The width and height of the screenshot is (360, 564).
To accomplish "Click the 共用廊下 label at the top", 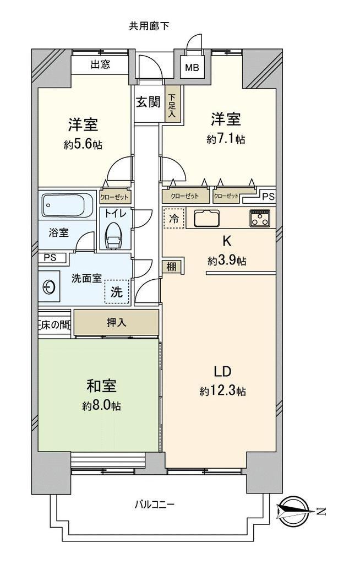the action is pyautogui.click(x=149, y=26).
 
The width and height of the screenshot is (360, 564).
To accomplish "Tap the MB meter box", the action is pyautogui.click(x=192, y=67).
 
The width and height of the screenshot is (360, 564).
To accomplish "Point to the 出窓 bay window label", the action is pyautogui.click(x=100, y=65).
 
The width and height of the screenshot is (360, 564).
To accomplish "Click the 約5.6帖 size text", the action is pyautogui.click(x=83, y=145).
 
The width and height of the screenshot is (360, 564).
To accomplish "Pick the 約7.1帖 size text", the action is pyautogui.click(x=226, y=139).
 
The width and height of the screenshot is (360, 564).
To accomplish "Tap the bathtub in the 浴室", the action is pyautogui.click(x=67, y=205).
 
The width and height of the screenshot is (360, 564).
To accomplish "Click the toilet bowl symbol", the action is pyautogui.click(x=113, y=236).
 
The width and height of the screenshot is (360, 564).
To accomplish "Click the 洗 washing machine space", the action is pyautogui.click(x=117, y=291).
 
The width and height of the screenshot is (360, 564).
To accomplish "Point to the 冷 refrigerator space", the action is pyautogui.click(x=174, y=219).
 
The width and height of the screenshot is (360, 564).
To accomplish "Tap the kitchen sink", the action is pyautogui.click(x=207, y=218).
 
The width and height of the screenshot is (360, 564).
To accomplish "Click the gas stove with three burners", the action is pyautogui.click(x=260, y=218).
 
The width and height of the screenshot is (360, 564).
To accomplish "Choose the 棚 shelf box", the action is pyautogui.click(x=172, y=267).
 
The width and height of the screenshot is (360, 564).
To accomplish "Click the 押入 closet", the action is pyautogui.click(x=117, y=323).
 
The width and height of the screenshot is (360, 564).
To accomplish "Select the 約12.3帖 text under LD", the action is pyautogui.click(x=222, y=391).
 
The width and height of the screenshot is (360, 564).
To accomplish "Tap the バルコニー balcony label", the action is pyautogui.click(x=155, y=505).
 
